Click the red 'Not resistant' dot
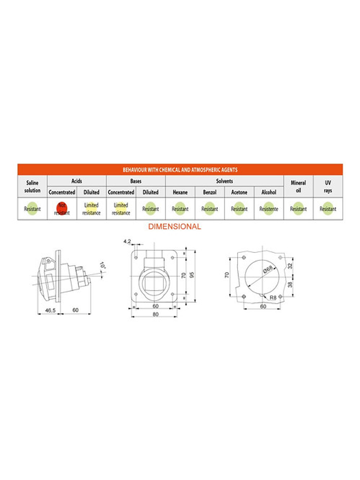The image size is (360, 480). pos(61,208)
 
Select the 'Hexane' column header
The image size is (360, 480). pos(180,192)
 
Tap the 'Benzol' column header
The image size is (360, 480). pos(210,192)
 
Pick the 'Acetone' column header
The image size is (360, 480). pos(239,192)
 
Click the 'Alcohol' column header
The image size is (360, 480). pos(268,192)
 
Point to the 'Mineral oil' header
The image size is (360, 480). pos(298,186)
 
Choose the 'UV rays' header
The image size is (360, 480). pos(328,186)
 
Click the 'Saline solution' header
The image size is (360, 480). pos(32,186)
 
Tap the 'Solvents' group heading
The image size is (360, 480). pos(224,181)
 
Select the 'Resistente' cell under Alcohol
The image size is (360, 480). pos(268,209)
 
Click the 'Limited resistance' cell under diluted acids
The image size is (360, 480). pos(91,209)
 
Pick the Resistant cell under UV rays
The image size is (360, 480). pos(328,209)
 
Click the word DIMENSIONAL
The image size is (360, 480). pos(174,227)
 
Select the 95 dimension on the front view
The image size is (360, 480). pos(191,275)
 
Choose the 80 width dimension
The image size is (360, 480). pos(156,314)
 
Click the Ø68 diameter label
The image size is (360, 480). pos(268,270)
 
